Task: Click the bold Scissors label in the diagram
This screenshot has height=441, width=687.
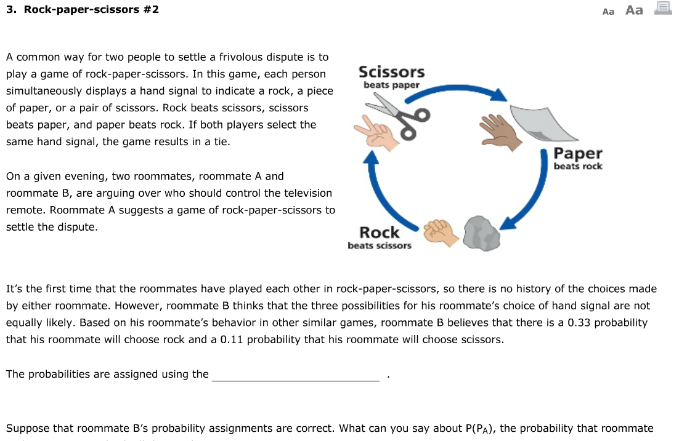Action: (x=391, y=72)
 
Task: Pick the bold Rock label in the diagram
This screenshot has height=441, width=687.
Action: (x=379, y=232)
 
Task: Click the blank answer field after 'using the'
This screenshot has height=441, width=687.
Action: (x=296, y=375)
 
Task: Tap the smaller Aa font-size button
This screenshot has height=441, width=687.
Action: (x=608, y=11)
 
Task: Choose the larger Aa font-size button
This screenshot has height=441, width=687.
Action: (x=634, y=10)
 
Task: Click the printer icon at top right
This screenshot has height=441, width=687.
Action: (x=663, y=9)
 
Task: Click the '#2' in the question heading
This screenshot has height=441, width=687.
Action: (x=150, y=10)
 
